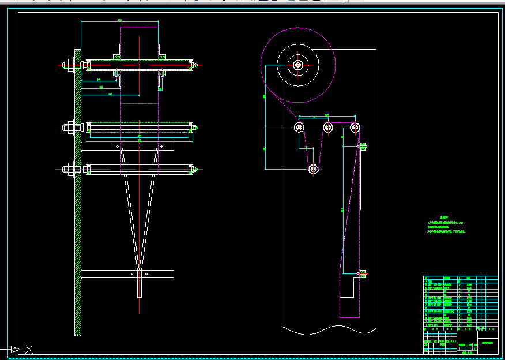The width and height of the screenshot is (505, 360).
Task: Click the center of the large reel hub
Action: tap(297, 65)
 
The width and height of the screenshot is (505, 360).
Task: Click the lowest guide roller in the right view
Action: tap(314, 169)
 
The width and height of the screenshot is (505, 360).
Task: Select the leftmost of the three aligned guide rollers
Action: tap(299, 127)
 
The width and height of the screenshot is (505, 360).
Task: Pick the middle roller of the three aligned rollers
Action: tap(328, 127)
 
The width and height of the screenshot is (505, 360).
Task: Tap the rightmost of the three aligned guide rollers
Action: tap(355, 127)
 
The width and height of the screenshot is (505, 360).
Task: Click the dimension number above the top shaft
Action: tap(120, 21)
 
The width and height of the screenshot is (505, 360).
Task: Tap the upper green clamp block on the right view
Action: tap(363, 147)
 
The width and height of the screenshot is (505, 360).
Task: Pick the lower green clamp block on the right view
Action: tap(363, 275)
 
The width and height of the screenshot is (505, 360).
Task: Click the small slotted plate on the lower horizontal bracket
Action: tap(140, 273)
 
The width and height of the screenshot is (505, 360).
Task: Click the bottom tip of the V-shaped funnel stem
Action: tap(140, 295)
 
